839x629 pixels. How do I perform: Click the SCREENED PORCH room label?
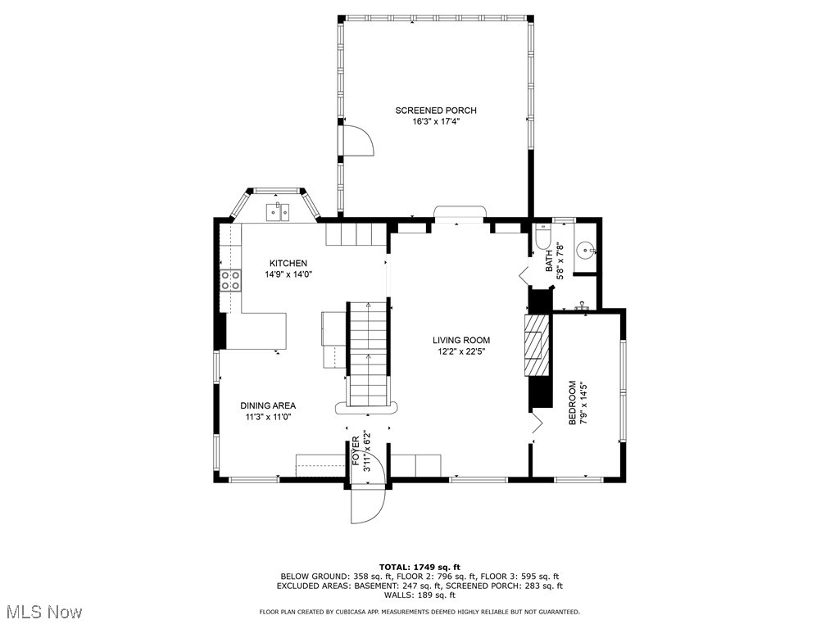point(435,111)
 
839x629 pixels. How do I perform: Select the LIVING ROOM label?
point(461,341)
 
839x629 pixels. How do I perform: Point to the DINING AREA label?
point(268,405)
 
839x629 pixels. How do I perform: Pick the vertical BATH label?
point(550,260)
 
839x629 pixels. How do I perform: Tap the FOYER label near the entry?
point(356,452)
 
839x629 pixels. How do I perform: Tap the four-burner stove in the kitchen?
point(230,281)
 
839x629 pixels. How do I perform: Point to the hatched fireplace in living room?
point(536,344)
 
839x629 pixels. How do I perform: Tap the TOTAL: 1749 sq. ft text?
point(419,567)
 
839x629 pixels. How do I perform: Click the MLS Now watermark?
point(43,612)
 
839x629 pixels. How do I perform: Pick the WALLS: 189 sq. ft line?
point(419,595)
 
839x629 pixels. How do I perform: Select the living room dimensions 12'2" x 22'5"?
point(461,352)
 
